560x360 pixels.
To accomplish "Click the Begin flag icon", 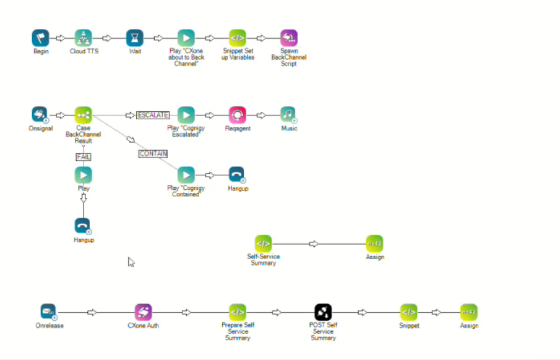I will [x=41, y=38].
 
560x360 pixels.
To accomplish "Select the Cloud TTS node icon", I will [x=84, y=38].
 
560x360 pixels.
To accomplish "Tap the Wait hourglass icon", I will [x=135, y=38].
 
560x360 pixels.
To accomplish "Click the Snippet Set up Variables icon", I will [x=238, y=38].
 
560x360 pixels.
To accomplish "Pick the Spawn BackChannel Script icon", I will [x=289, y=38].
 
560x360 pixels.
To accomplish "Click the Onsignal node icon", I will [x=40, y=115].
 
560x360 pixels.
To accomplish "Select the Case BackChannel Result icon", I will [x=84, y=115].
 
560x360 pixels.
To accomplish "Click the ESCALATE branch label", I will [x=153, y=115].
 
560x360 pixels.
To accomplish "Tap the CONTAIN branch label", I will [x=153, y=154].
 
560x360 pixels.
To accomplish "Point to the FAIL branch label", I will [x=84, y=157].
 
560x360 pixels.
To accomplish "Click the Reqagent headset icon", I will [x=238, y=115].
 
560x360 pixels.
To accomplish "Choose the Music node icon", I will [x=289, y=115].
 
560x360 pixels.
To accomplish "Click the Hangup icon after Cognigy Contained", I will [x=237, y=175].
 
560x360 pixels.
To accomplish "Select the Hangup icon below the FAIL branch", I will [x=83, y=226].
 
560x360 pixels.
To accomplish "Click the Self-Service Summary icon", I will [x=263, y=243].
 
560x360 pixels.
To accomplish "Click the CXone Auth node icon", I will [x=143, y=312].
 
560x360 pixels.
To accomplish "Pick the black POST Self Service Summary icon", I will [x=323, y=312].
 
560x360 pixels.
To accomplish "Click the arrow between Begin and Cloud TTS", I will [x=60, y=38].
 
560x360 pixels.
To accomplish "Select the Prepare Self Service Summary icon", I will [x=238, y=312].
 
